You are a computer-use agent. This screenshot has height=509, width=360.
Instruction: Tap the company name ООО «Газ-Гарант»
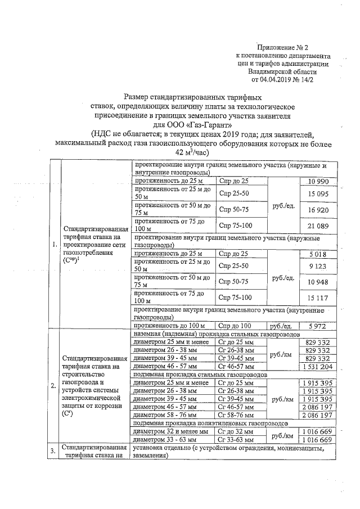(x=192, y=124)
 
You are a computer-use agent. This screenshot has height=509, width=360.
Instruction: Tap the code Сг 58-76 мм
(x=238, y=415)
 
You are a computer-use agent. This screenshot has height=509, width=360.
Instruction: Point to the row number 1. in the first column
(x=53, y=245)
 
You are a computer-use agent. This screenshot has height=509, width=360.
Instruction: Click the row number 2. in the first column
(x=53, y=386)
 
